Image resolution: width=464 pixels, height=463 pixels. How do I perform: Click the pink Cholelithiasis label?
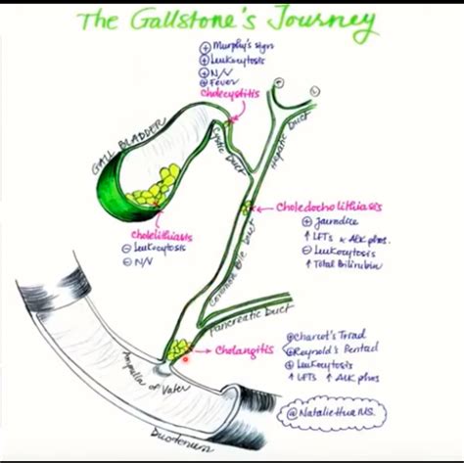coord(161,236)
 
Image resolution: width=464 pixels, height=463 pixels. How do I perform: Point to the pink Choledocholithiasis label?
coord(328,208)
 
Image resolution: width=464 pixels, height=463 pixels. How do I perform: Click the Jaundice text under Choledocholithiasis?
coord(312,222)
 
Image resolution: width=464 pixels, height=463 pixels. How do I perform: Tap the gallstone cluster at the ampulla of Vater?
coord(178,347)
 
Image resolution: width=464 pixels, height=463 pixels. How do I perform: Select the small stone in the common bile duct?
coord(248,207)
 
